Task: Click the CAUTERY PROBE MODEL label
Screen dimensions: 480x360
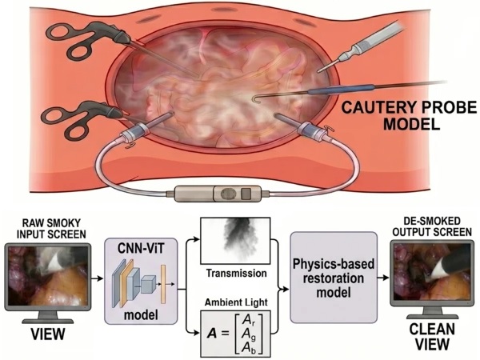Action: click(x=409, y=116)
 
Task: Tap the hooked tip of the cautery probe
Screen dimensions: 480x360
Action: click(x=254, y=98)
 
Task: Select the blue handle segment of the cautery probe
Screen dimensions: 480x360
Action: click(x=341, y=90)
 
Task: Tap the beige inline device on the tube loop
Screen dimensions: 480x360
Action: click(x=218, y=194)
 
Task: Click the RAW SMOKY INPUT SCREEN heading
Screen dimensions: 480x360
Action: click(x=51, y=228)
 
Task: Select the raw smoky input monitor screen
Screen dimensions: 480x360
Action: click(x=47, y=277)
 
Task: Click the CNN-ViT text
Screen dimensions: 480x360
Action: click(x=141, y=249)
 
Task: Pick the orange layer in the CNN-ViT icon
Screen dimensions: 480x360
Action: click(x=126, y=283)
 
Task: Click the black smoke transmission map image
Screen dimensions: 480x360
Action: click(x=235, y=241)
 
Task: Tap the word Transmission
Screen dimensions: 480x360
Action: click(x=236, y=273)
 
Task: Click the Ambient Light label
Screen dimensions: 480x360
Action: click(x=236, y=302)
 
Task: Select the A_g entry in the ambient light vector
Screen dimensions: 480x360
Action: click(x=248, y=334)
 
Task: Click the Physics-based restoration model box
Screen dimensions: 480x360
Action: click(x=334, y=278)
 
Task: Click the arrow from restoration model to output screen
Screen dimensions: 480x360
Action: click(x=383, y=278)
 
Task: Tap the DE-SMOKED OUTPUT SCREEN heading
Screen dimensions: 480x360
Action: click(x=432, y=226)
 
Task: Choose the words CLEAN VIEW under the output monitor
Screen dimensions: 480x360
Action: click(x=432, y=337)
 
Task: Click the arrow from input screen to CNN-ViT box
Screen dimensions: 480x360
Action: click(x=98, y=278)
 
